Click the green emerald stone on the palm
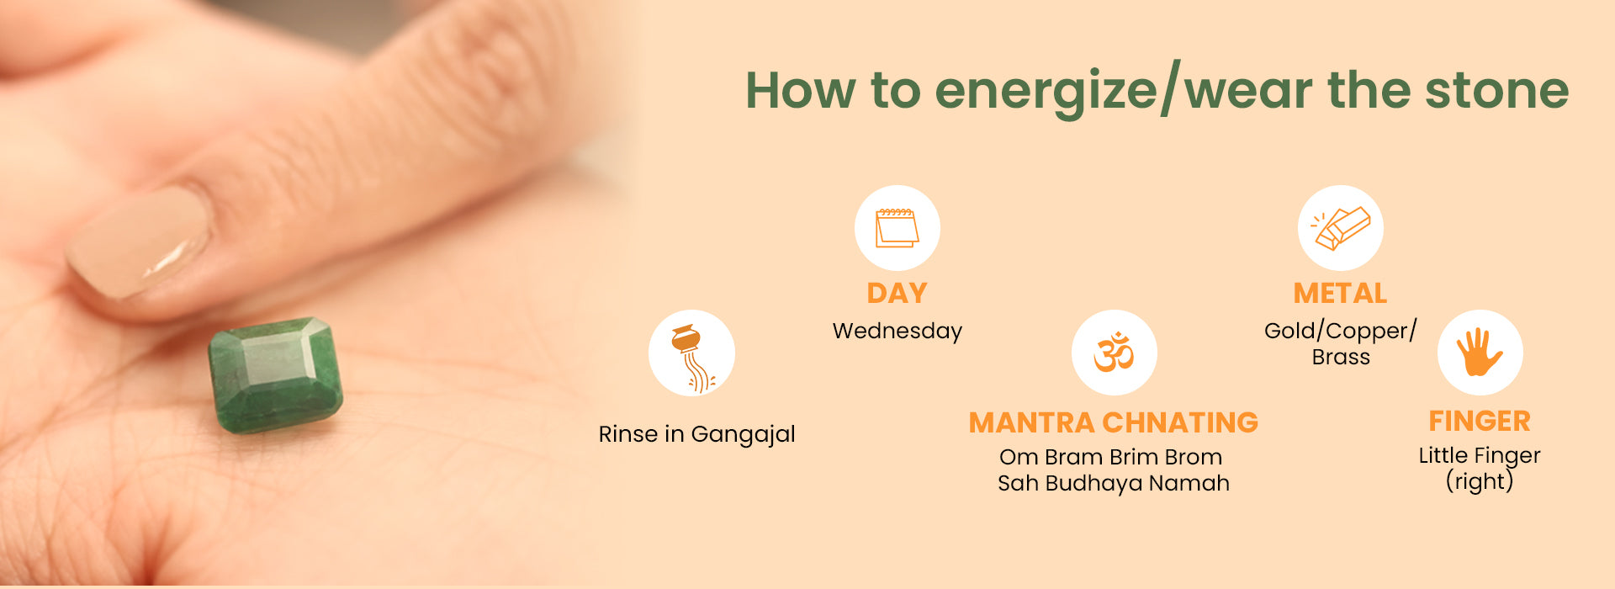pos(275,374)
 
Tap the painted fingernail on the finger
pos(140,241)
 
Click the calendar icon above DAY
pos(897,228)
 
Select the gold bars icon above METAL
pos(1341,228)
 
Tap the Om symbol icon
pos(1114,352)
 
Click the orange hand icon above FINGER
pos(1480,352)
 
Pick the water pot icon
pos(692,358)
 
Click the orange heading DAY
pos(897,293)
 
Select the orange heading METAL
pos(1340,293)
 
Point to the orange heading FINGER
pos(1480,421)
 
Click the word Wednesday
pos(898,332)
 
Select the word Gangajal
pos(743,435)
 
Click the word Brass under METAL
pos(1341,357)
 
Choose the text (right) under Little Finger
pos(1480,481)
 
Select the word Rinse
pos(628,434)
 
